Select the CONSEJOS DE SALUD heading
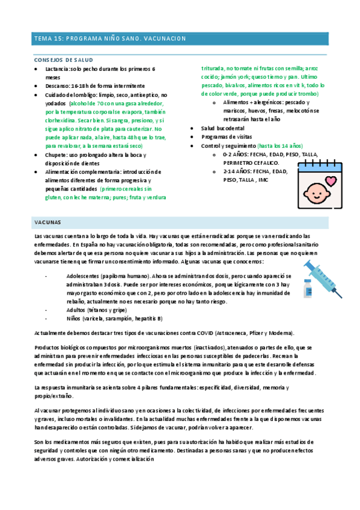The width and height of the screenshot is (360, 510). click(x=63, y=61)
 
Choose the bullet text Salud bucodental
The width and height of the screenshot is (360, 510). click(x=223, y=129)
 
